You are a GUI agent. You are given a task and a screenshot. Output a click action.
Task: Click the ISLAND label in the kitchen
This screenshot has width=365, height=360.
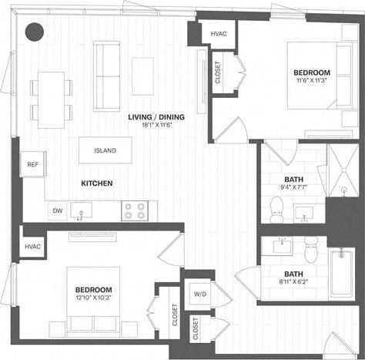105,150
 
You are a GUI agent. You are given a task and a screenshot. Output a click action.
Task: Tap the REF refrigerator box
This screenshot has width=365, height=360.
32,164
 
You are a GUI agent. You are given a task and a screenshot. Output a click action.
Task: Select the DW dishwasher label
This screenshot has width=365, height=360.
58,210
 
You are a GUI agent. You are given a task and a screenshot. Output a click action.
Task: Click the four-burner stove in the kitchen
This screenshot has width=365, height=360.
135,210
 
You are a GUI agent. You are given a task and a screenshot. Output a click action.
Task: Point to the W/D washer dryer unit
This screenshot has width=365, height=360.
199,294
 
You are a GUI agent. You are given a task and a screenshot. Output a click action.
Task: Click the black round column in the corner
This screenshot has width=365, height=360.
34,31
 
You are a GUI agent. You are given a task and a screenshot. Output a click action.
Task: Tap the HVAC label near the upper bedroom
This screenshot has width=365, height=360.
218,33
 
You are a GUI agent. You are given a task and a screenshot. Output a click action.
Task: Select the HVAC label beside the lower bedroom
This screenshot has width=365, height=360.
32,247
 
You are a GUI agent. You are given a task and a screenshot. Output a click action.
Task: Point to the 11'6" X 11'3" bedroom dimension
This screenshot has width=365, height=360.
312,79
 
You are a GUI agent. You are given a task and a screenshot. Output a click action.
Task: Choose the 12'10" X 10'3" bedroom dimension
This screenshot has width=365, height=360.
94,298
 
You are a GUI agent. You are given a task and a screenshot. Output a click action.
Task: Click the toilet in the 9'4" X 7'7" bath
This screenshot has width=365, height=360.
276,206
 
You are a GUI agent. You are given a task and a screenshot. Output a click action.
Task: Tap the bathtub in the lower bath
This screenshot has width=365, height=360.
342,273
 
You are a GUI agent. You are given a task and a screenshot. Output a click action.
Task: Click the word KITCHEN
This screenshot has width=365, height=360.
97,183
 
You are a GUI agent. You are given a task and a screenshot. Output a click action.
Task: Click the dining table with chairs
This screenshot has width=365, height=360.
51,99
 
